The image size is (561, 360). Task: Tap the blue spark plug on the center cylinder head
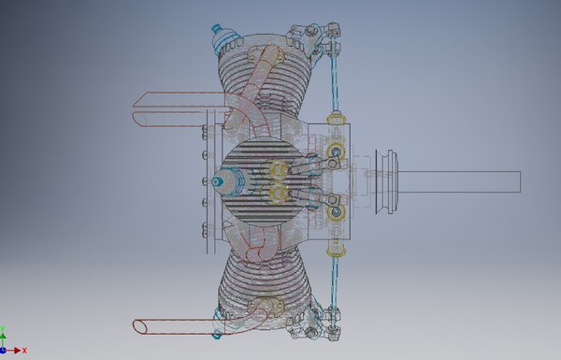click(219, 182)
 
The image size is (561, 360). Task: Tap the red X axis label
click(25, 351)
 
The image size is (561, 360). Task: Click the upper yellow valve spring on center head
click(277, 170)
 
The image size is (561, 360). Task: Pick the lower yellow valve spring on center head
click(277, 194)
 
